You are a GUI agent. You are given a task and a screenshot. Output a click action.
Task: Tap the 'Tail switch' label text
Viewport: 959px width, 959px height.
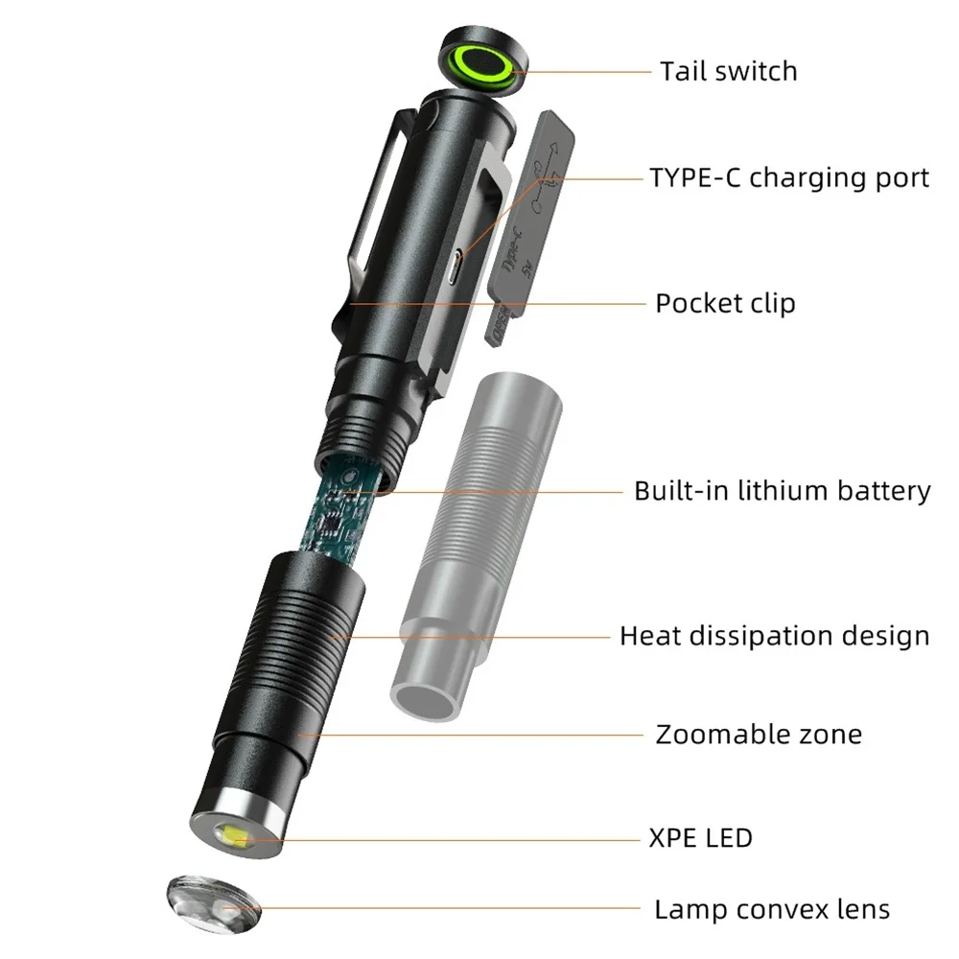728,71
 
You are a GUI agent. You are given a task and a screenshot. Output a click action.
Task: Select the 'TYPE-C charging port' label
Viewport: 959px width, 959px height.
788,178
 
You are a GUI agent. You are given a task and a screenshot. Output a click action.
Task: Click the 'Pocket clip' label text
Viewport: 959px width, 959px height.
725,304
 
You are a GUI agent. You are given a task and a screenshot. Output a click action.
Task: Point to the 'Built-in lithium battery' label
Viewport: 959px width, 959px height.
782,491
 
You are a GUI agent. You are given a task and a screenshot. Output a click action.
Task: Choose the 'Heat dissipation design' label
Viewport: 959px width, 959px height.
774,636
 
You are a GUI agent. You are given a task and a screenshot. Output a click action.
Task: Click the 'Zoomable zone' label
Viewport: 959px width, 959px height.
758,735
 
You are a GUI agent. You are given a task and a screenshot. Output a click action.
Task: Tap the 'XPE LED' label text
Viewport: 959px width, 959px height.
700,838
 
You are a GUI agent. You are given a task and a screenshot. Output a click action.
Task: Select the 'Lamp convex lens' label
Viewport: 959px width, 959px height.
772,909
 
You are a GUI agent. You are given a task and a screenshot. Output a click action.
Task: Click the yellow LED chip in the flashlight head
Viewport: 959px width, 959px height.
235,837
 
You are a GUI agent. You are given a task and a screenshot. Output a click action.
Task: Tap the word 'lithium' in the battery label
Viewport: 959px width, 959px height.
780,491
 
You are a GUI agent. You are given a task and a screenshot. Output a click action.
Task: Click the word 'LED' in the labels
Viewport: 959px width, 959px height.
729,838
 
